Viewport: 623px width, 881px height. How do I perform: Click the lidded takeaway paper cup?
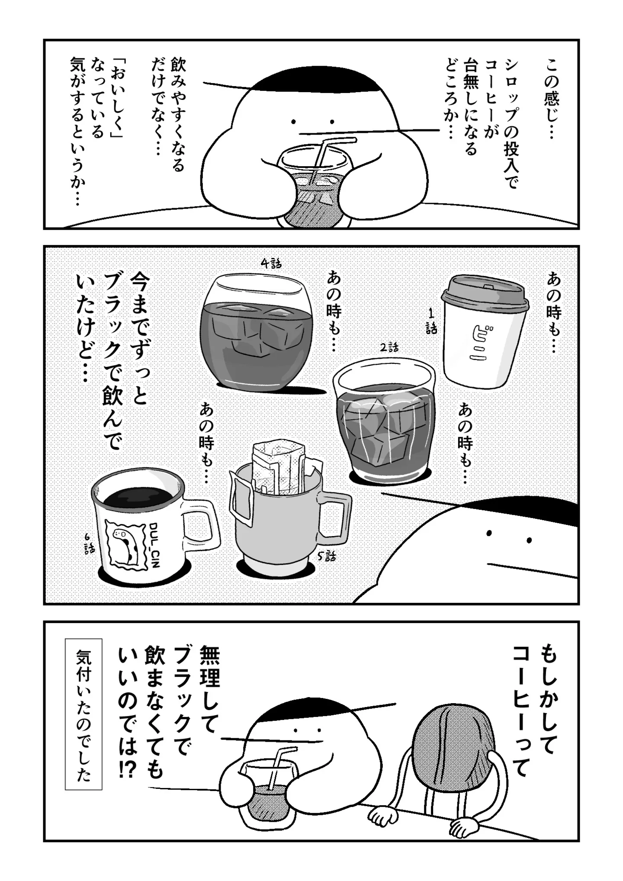point(485,331)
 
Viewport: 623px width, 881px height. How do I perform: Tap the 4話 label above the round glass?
point(271,263)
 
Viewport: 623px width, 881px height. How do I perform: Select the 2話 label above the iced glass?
point(389,347)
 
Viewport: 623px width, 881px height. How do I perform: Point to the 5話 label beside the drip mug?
point(326,556)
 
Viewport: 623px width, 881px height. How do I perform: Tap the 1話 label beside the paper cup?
point(431,321)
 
